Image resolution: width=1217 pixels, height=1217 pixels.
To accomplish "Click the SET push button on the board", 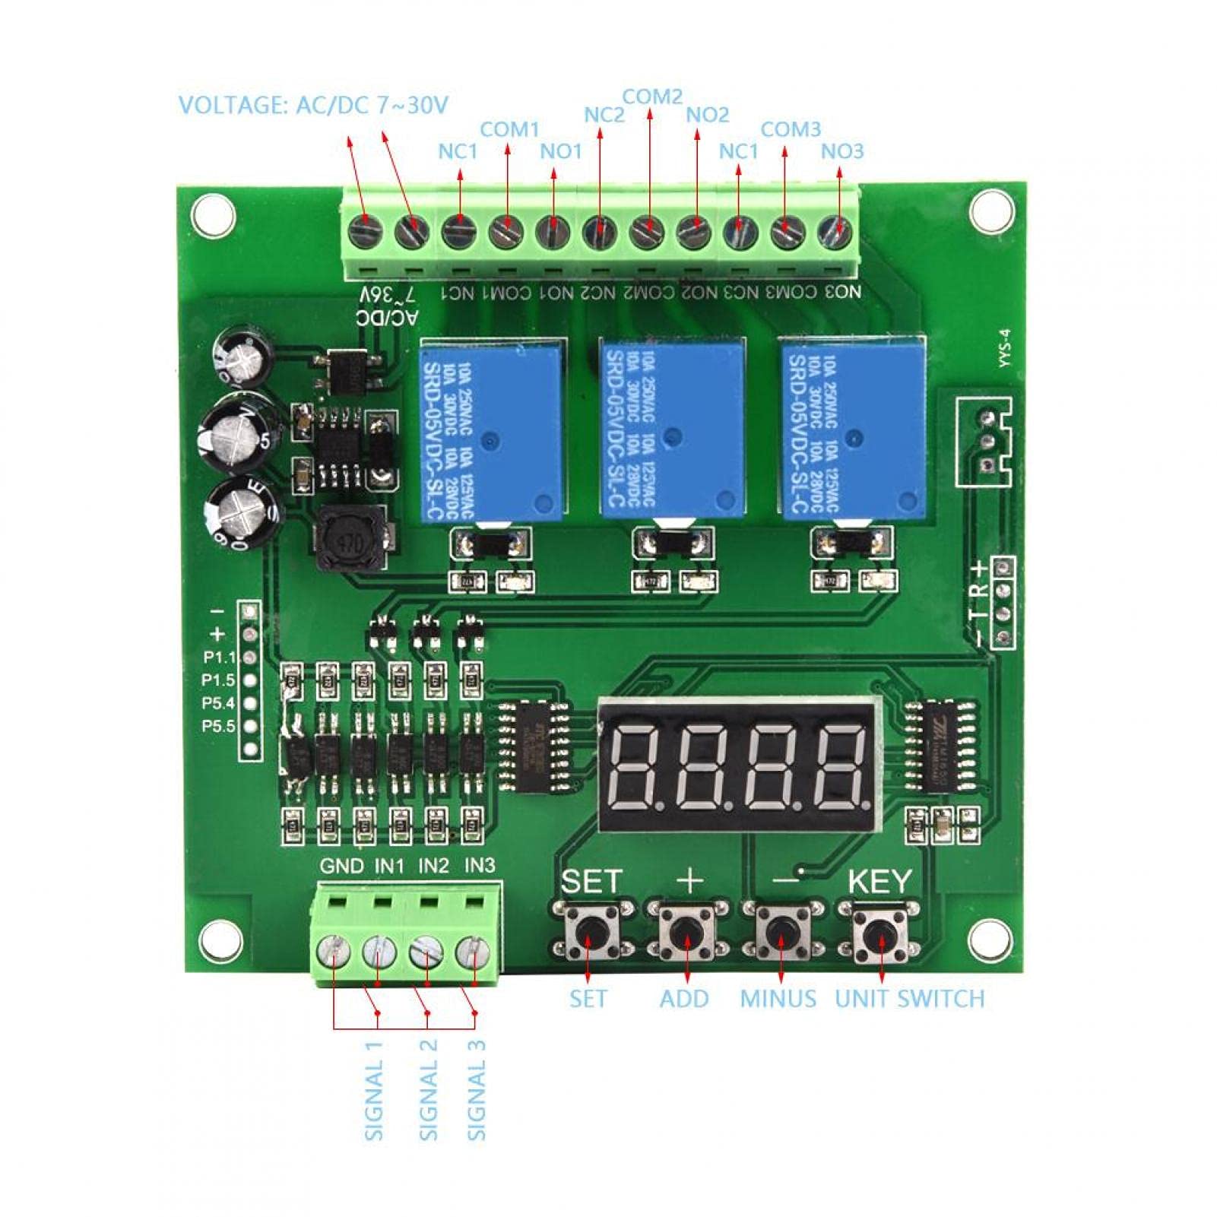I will [x=589, y=931].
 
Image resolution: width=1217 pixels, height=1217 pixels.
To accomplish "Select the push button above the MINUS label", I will [x=781, y=931].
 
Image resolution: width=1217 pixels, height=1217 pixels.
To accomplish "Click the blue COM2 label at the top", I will [x=652, y=97].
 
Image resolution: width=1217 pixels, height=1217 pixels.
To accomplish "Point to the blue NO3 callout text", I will [x=842, y=151].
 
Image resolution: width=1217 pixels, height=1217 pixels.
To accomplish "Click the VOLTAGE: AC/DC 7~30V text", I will [x=313, y=105].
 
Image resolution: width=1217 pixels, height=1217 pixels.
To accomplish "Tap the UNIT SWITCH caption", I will [x=909, y=999].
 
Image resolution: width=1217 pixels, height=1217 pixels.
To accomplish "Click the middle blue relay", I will [x=672, y=429].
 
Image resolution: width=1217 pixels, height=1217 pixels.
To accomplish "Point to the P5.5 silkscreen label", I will [x=218, y=726].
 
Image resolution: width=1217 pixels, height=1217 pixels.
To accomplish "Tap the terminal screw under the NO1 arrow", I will [x=553, y=231].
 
